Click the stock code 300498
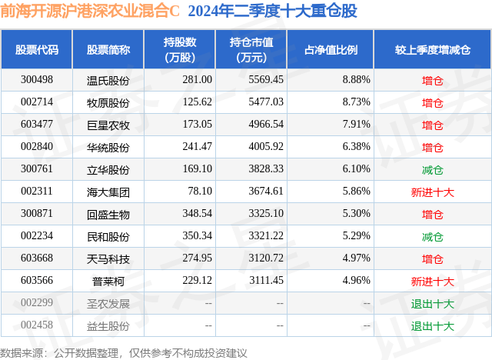pos(37,79)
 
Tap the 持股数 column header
pos(179,49)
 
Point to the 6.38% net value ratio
pos(356,146)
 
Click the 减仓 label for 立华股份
pos(433,168)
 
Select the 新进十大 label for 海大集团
pos(433,192)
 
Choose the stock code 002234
pos(37,236)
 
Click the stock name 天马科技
pos(108,258)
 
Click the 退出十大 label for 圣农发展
pos(433,303)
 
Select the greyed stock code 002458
pos(37,325)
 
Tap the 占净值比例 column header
pos(335,49)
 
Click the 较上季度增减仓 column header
pos(433,49)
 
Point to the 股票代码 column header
pos(37,49)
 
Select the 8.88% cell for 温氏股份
pos(356,79)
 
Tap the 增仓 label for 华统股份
pos(433,146)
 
